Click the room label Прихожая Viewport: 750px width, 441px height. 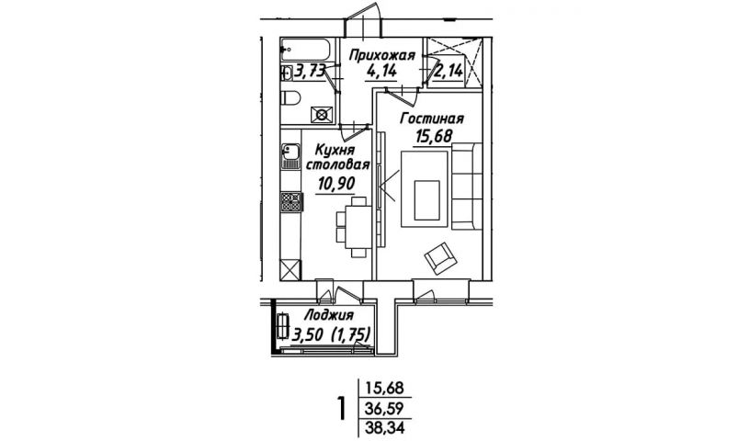pos(381,55)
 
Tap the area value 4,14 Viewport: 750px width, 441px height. pos(381,72)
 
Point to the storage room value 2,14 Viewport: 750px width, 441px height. pos(449,72)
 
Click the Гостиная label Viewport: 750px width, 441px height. pos(432,119)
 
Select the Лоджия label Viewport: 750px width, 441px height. pos(329,316)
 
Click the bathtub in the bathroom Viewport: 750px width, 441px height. pos(306,50)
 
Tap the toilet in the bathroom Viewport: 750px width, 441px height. pos(290,98)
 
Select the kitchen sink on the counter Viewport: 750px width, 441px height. pos(290,156)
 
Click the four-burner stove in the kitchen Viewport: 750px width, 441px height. pos(291,201)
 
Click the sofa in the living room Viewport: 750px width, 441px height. pos(467,187)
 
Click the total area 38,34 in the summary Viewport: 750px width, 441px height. pos(385,427)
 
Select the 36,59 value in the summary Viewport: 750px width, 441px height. pos(385,409)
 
